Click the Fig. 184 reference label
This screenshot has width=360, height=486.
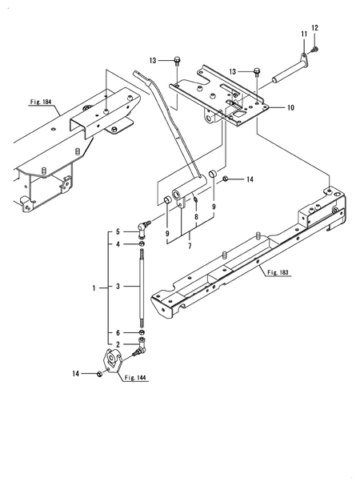[x=41, y=102]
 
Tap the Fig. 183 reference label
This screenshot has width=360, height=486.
[x=278, y=272]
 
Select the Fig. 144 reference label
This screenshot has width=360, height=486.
[x=135, y=378]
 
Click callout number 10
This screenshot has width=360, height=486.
[x=290, y=107]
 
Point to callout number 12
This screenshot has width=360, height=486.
[x=314, y=28]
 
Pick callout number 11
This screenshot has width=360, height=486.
[x=304, y=34]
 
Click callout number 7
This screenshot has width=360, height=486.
[x=190, y=246]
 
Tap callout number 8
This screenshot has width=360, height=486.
[x=196, y=217]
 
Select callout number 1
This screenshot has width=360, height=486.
[x=94, y=288]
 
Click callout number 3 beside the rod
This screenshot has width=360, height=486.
[x=118, y=287]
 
